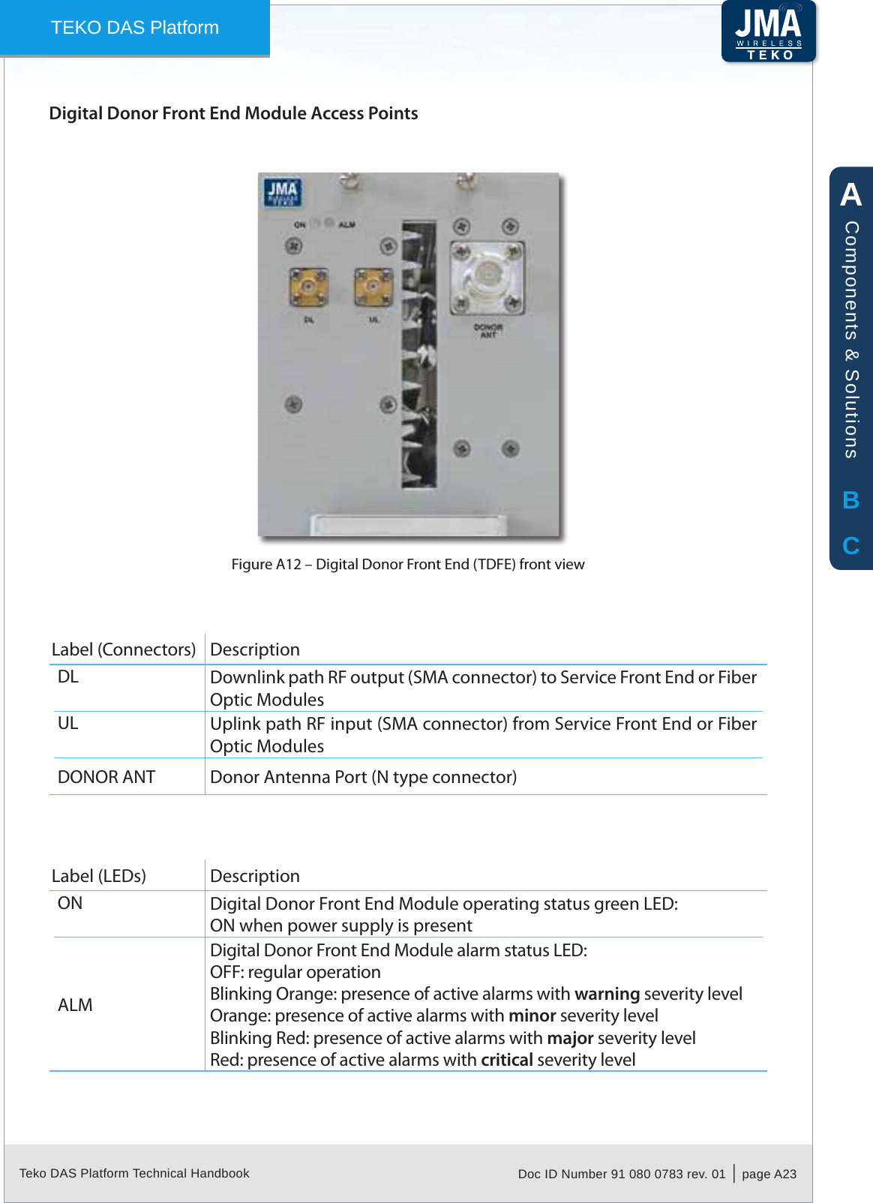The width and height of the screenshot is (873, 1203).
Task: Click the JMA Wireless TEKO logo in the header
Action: (769, 31)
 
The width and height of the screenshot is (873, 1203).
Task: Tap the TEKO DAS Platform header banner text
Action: (135, 28)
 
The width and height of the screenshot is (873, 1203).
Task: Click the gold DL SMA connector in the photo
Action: (308, 287)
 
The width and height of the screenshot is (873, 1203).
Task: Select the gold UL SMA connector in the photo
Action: (373, 286)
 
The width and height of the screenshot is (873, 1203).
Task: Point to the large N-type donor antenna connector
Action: (487, 276)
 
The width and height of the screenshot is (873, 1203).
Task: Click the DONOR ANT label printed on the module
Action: (488, 331)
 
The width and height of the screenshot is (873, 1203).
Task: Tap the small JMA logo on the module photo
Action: (282, 192)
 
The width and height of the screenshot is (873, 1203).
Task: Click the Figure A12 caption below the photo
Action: (407, 564)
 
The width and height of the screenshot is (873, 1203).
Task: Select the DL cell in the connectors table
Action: (68, 676)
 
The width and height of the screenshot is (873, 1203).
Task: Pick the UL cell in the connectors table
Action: (68, 723)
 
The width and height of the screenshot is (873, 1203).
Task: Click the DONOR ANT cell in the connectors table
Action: (106, 777)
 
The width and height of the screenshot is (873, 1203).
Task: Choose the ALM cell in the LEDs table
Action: (75, 1005)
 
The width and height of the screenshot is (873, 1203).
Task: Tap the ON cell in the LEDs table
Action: (70, 903)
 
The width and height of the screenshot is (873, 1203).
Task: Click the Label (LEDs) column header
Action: (99, 876)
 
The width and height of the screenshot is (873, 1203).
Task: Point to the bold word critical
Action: (506, 1060)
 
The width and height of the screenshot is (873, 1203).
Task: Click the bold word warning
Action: (607, 994)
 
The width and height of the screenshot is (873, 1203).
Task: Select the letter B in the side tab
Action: (850, 500)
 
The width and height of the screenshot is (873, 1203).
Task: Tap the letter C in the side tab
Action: (850, 546)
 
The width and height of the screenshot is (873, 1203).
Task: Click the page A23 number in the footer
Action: (769, 1174)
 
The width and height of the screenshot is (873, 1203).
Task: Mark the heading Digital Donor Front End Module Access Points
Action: (233, 113)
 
